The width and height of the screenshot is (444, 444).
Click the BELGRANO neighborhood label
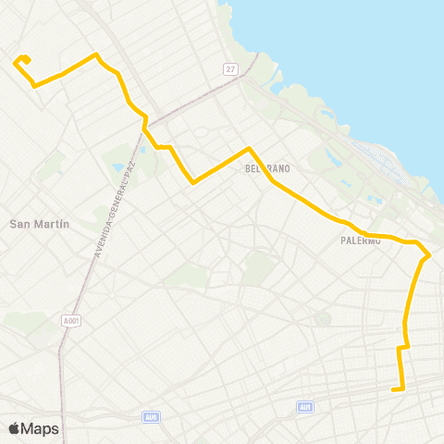(x=267, y=169)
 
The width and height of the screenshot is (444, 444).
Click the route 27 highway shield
(x=230, y=69)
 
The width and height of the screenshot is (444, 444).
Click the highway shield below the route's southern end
(x=305, y=407)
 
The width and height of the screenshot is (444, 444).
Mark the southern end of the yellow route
(x=394, y=389)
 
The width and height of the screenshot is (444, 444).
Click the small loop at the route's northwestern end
(x=23, y=61)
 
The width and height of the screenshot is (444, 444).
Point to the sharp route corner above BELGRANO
(x=247, y=148)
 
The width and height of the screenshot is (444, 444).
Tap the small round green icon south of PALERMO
(x=322, y=320)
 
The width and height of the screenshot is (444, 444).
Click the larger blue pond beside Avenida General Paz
(x=118, y=169)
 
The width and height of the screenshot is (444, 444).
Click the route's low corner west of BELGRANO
(x=192, y=182)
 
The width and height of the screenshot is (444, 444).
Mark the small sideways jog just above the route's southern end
(x=403, y=348)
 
